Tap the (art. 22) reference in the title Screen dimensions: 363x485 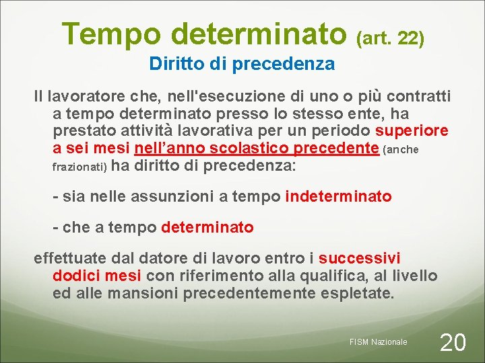pyautogui.click(x=391, y=38)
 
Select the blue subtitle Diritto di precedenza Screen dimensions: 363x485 pyautogui.click(x=242, y=64)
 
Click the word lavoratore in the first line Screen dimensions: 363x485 pyautogui.click(x=84, y=97)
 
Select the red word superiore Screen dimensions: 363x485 pyautogui.click(x=412, y=131)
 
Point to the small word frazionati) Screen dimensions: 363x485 pyautogui.click(x=79, y=166)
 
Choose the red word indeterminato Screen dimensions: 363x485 pyautogui.click(x=338, y=196)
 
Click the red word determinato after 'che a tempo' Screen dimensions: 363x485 pyautogui.click(x=207, y=228)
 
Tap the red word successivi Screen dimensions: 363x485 pyautogui.click(x=360, y=258)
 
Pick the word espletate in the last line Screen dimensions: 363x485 pyautogui.click(x=360, y=293)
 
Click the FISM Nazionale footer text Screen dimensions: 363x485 pyautogui.click(x=378, y=342)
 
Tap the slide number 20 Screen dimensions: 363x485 pyautogui.click(x=452, y=342)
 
